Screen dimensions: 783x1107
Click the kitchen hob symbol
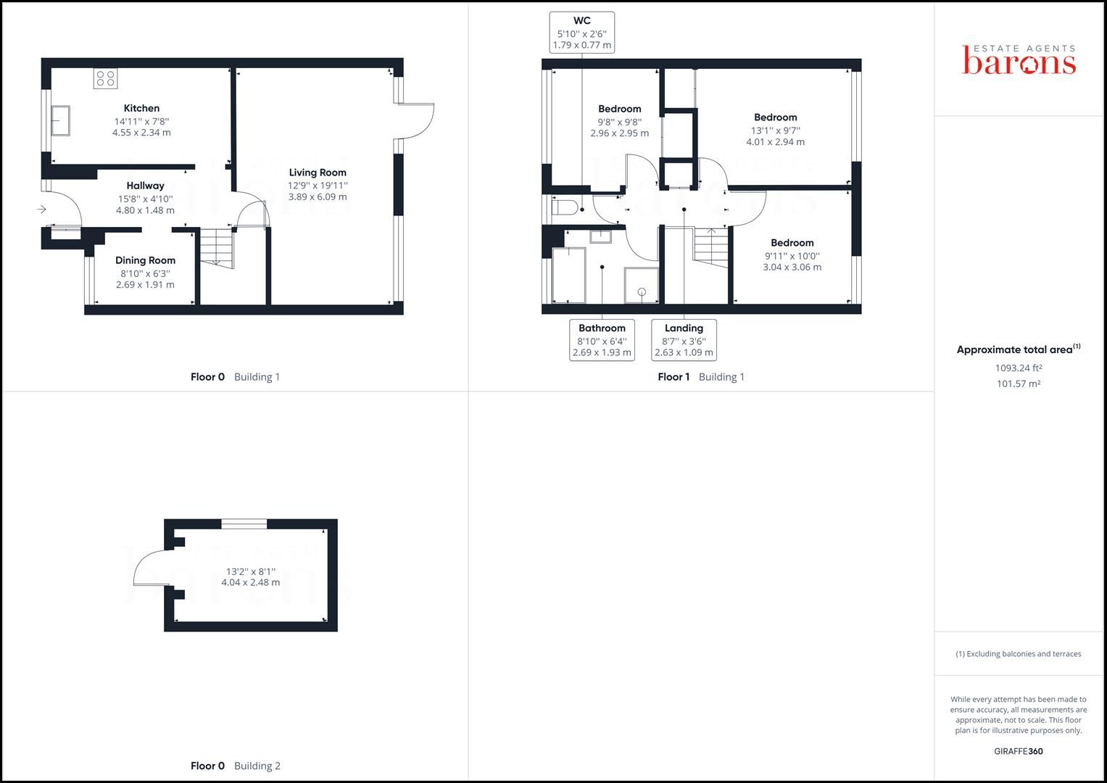pos(105,78)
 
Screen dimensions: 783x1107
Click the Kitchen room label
pos(141,108)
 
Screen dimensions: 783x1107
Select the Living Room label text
pos(318,173)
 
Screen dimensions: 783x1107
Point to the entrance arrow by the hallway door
pos(42,210)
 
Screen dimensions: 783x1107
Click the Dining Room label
pos(145,260)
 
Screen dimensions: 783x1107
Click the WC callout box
pos(581,33)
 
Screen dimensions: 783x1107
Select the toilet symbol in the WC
pos(565,209)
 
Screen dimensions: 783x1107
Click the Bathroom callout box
pos(602,340)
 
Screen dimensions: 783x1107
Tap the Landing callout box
pos(684,340)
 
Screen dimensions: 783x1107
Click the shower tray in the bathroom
pos(642,285)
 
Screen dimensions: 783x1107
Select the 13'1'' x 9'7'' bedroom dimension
pos(775,130)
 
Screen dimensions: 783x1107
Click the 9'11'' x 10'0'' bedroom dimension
pos(792,255)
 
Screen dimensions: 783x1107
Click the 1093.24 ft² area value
pos(1018,368)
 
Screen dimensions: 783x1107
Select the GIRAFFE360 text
pos(1018,751)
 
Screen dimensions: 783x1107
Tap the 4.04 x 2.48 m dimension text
pos(250,582)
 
